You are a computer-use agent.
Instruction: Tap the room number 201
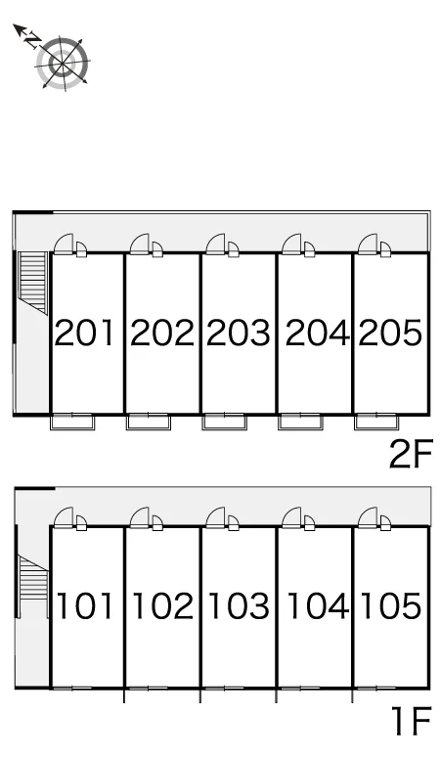tap(84, 333)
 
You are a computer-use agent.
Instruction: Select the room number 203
tap(239, 333)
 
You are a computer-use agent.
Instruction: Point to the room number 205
tap(390, 333)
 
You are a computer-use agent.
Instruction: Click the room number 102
tap(162, 605)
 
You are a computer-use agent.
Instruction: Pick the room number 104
tap(318, 605)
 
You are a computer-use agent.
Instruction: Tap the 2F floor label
tap(411, 455)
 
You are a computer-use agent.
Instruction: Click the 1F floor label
tap(411, 721)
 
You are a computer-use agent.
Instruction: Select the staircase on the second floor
tap(33, 283)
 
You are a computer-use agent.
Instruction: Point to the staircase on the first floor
tap(33, 577)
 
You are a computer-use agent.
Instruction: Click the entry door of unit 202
tap(140, 245)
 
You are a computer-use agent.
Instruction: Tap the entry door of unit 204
tap(291, 245)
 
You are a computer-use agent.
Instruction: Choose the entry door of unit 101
tap(64, 517)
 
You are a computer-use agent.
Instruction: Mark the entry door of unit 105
tap(368, 517)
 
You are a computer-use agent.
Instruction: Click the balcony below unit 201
tap(72, 422)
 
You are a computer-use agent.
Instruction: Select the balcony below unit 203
tap(224, 422)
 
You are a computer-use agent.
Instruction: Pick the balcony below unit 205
tap(376, 422)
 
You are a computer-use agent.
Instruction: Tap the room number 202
tap(162, 333)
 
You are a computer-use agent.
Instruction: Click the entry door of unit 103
tap(215, 517)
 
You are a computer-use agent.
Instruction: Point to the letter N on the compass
tap(32, 40)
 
